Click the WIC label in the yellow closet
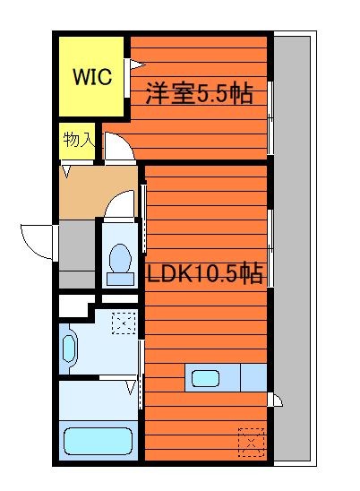tap(92, 76)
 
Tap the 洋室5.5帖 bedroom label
tap(200, 93)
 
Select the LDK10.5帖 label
tap(205, 272)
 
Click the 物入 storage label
tap(79, 140)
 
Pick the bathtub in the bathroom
tap(98, 441)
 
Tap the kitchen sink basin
tap(205, 378)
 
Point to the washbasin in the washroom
tap(69, 349)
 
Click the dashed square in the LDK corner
tap(251, 442)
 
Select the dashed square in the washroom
tap(124, 323)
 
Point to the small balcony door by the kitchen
tap(276, 400)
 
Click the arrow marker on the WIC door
tap(138, 65)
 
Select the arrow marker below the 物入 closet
tap(66, 172)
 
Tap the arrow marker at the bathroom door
tap(131, 387)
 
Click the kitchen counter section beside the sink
tap(253, 377)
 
